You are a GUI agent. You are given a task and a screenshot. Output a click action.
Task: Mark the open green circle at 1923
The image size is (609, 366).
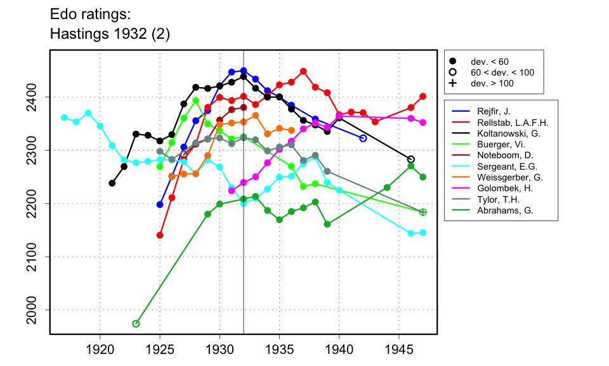tap(136, 324)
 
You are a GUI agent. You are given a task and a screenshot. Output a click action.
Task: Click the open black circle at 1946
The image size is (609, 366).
tap(410, 159)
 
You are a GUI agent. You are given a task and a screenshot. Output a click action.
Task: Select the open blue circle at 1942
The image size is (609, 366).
tap(363, 138)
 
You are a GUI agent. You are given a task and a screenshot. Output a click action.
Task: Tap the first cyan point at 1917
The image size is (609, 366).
tap(64, 118)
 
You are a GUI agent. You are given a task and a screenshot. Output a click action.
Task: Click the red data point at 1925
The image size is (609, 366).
tap(160, 235)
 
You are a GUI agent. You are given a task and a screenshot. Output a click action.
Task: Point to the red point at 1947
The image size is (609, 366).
tap(423, 96)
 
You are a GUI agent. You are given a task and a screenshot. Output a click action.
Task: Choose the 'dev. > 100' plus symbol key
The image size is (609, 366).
tap(452, 83)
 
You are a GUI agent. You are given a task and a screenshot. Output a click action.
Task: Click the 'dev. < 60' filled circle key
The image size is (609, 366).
tap(452, 61)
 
